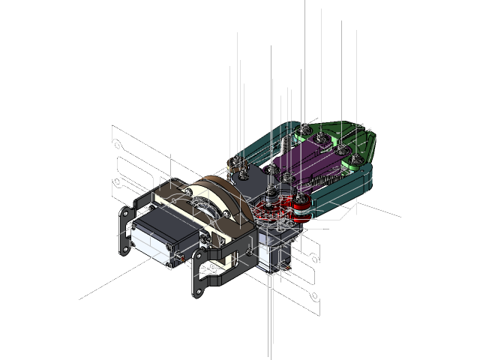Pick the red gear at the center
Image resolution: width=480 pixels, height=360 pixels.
(269, 211)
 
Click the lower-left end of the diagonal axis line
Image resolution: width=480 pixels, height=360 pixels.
(80, 299)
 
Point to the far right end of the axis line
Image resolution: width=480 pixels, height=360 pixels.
(400, 217)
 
